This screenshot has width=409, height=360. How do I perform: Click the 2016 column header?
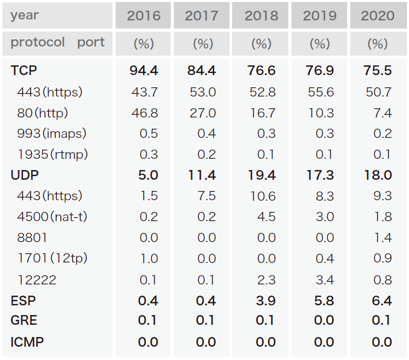(x=144, y=16)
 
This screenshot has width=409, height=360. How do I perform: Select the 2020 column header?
(x=378, y=16)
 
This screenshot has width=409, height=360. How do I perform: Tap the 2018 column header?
(x=261, y=16)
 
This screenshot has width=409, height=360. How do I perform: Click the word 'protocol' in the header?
(x=37, y=42)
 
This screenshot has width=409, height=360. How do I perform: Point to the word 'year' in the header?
(x=24, y=15)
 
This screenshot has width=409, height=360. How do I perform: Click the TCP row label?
(x=24, y=70)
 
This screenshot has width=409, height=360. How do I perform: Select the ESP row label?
(x=24, y=301)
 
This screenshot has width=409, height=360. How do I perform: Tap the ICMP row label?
(x=27, y=342)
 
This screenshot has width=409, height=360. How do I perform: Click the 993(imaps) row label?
(x=52, y=134)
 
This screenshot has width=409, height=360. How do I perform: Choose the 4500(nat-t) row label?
(x=52, y=217)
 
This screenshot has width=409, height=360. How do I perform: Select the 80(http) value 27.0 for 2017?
(x=203, y=113)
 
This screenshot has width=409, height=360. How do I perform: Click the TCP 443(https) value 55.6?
(x=320, y=92)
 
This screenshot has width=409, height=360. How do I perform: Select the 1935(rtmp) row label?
(x=52, y=154)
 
